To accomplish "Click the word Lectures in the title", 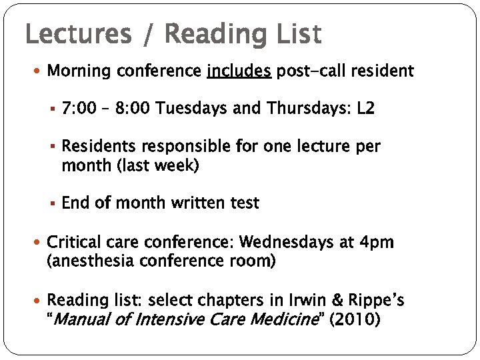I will pyautogui.click(x=78, y=34).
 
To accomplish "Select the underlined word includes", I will pyautogui.click(x=239, y=71).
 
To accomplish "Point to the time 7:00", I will pyautogui.click(x=79, y=109).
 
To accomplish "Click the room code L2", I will pyautogui.click(x=366, y=109).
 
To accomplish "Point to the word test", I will pyautogui.click(x=243, y=203).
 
